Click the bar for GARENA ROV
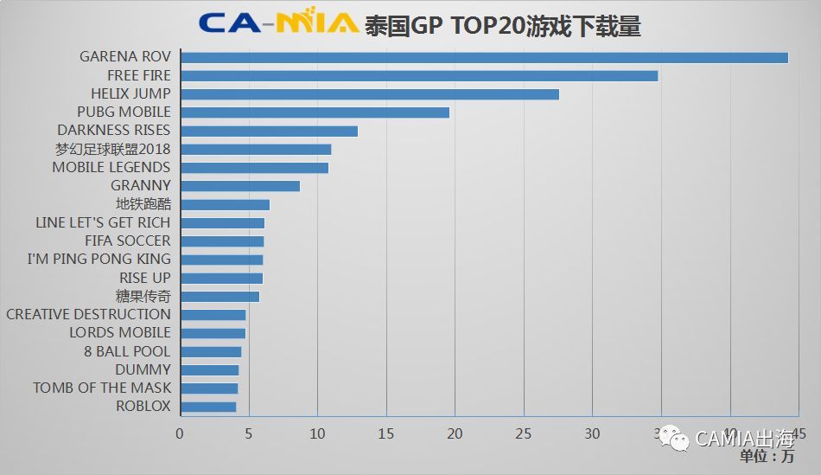(x=484, y=57)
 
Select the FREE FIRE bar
(x=419, y=75)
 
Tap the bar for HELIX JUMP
(x=369, y=93)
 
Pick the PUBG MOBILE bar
(x=315, y=112)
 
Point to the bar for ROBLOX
(x=207, y=407)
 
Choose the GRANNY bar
(x=239, y=186)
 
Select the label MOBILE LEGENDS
(x=111, y=167)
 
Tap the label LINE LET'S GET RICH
(x=103, y=222)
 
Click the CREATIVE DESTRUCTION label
(x=88, y=314)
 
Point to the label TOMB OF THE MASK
(x=102, y=388)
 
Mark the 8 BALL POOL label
(x=127, y=351)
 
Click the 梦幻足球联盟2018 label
(x=112, y=149)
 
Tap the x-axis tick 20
(x=455, y=433)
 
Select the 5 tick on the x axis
(x=248, y=433)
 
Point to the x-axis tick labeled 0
(x=180, y=433)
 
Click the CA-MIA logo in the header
(x=277, y=22)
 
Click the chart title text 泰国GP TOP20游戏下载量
(x=502, y=25)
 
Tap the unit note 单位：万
(x=767, y=456)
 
